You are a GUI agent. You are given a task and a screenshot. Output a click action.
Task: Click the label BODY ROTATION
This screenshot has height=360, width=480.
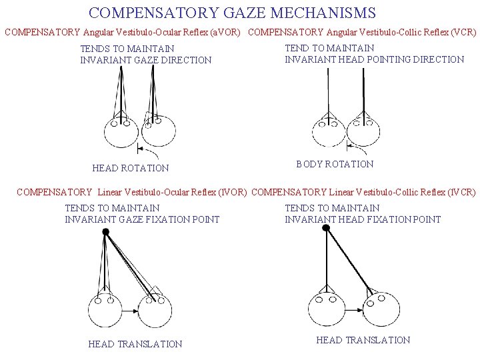pos(335,164)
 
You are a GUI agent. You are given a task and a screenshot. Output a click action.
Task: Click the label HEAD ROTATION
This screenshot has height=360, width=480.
pos(131,168)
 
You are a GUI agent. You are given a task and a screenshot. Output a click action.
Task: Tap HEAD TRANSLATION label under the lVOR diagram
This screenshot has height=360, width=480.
pos(135,344)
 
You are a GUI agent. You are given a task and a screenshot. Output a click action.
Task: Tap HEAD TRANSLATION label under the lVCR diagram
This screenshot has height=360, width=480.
pos(363,340)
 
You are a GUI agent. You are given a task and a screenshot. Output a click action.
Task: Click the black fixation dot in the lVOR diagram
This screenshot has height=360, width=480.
pos(105,231)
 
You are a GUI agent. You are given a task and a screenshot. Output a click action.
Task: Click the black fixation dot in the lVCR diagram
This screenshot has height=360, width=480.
pos(326,228)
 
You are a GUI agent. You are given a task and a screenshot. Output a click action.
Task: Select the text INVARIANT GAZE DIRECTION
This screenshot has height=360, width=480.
pos(145,60)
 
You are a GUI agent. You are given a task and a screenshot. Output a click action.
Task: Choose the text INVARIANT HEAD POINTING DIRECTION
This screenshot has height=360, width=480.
pos(374,59)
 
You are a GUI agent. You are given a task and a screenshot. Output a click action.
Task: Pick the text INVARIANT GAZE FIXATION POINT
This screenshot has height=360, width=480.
pos(142,219)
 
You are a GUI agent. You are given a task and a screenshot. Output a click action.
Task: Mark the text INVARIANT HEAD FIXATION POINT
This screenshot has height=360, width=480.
pos(363,219)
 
